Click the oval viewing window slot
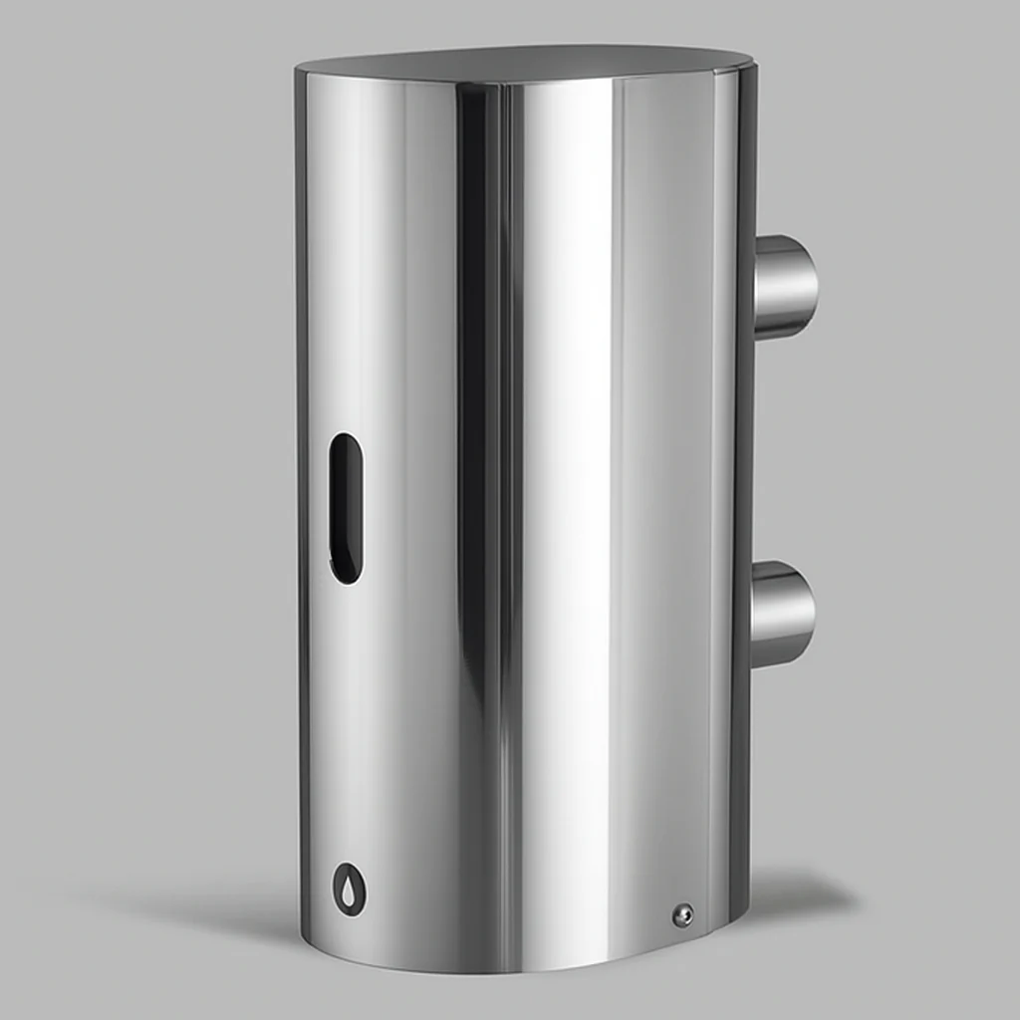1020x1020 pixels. (346, 507)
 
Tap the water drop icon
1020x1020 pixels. (347, 888)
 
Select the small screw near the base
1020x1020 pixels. (682, 915)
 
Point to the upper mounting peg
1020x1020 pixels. (786, 287)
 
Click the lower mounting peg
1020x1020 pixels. (784, 614)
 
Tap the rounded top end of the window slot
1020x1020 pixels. (346, 441)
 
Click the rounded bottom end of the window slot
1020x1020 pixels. (346, 575)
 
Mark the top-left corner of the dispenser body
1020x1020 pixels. (299, 74)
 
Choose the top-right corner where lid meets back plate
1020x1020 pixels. (752, 66)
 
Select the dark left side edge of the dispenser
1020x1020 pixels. (302, 498)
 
